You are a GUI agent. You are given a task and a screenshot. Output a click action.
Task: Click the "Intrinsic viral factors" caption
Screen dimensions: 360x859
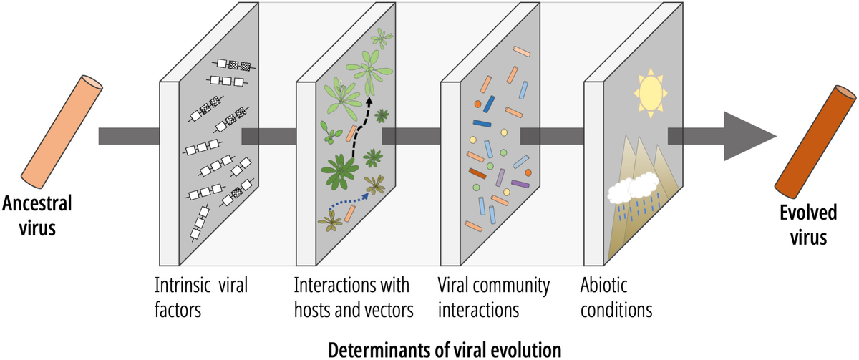pyautogui.click(x=201, y=298)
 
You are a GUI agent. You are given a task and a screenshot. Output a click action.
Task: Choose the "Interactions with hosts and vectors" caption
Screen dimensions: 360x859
pyautogui.click(x=354, y=298)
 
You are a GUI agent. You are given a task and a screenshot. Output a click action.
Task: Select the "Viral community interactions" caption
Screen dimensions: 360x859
pyautogui.click(x=493, y=298)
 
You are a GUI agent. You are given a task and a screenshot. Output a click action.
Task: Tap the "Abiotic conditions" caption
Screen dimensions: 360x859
pyautogui.click(x=616, y=298)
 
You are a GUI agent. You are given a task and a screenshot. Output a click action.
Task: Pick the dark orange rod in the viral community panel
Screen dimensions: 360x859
pyautogui.click(x=477, y=172)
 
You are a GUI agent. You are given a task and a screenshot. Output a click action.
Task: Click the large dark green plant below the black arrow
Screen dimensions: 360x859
pyautogui.click(x=339, y=169)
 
